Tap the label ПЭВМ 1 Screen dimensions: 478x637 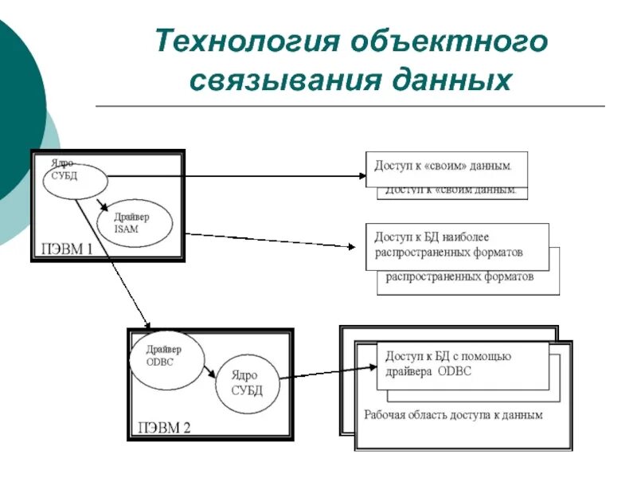(x=67, y=249)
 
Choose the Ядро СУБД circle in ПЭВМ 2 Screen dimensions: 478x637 (x=248, y=384)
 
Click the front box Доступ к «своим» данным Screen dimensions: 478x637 (x=446, y=169)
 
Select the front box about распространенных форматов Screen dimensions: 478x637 (x=457, y=246)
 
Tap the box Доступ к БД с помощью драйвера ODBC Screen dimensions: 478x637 (x=462, y=365)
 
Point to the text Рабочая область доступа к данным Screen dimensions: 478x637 (x=453, y=415)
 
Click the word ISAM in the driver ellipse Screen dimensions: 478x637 (x=127, y=229)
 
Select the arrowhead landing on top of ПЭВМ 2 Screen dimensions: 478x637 (x=147, y=324)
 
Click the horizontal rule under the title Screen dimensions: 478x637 (x=350, y=106)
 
